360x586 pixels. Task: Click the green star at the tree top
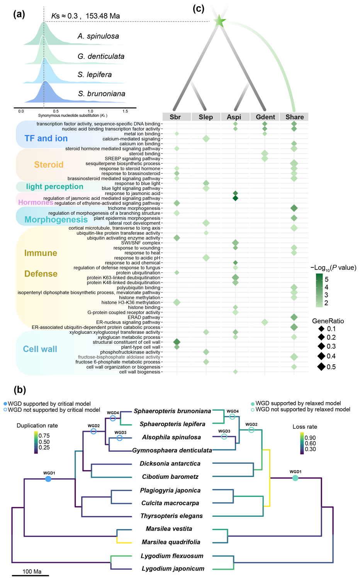[x=219, y=21]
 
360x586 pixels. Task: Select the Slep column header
[x=206, y=117]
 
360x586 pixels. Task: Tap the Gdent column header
[x=265, y=117]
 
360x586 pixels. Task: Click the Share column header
[x=294, y=117]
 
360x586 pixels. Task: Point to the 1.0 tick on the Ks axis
[x=90, y=111]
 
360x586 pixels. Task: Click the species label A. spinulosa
[x=98, y=36]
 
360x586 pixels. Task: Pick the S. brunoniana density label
[x=101, y=94]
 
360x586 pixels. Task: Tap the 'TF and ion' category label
[x=46, y=138]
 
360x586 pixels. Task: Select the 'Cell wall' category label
[x=40, y=349]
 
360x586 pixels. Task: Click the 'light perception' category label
[x=54, y=187]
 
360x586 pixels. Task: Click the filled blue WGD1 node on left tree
[x=48, y=479]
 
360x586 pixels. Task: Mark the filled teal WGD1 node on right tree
[x=295, y=478]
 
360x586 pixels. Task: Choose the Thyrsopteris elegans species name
[x=172, y=516]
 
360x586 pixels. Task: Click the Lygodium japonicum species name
[x=173, y=569]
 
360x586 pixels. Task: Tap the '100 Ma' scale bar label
[x=32, y=571]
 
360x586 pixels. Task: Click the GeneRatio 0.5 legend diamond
[x=321, y=367]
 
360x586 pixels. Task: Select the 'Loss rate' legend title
[x=305, y=427]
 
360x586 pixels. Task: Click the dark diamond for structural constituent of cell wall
[x=177, y=342]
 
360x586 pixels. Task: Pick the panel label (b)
[x=20, y=390]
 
